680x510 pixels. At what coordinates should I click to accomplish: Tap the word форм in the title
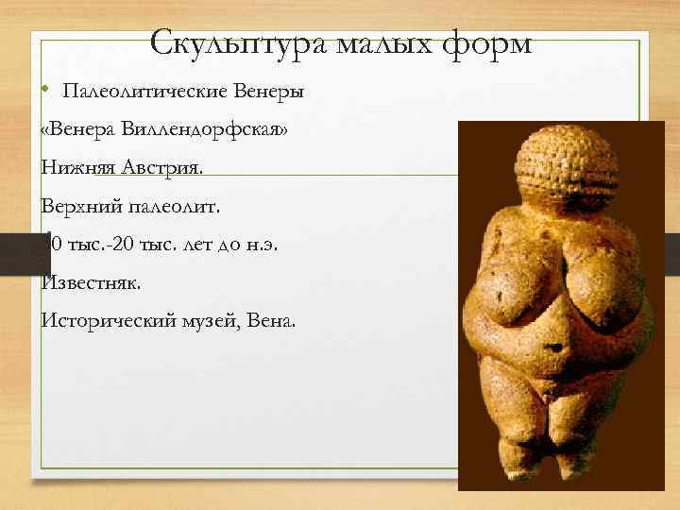pos(487,42)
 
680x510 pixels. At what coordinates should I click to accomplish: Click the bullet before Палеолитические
pos(45,91)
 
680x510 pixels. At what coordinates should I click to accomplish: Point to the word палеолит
pos(179,206)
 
